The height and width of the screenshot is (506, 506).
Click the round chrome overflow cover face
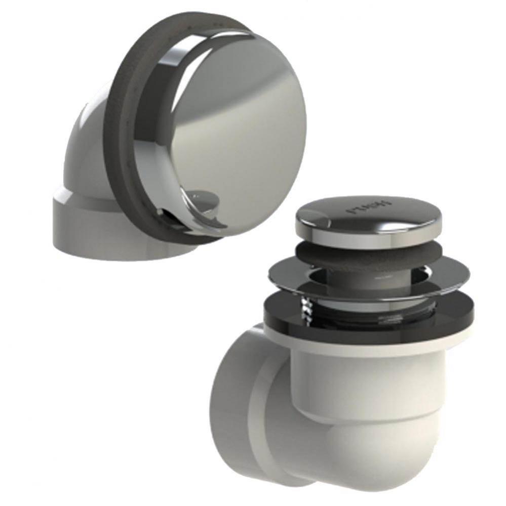point(238,126)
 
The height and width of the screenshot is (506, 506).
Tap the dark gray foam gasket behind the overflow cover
point(119,126)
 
